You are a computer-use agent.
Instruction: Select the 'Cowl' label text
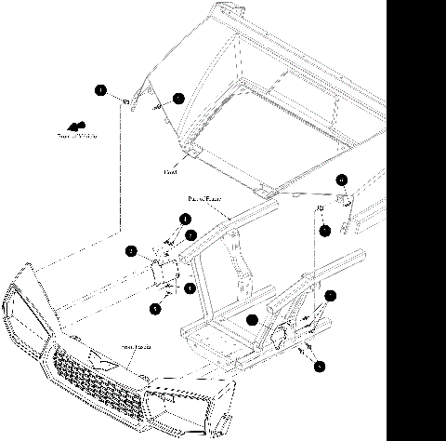tap(170, 171)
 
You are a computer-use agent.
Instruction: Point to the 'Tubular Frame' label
tap(204, 198)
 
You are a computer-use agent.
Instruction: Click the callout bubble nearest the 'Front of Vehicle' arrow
tap(99, 90)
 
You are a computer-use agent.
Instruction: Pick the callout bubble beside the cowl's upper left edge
tap(178, 97)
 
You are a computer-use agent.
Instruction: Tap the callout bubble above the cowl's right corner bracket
tap(342, 179)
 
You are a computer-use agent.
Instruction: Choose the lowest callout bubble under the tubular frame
tap(320, 367)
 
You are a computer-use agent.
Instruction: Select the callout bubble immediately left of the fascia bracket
tap(132, 250)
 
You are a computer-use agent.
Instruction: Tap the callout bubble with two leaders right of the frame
tap(329, 297)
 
